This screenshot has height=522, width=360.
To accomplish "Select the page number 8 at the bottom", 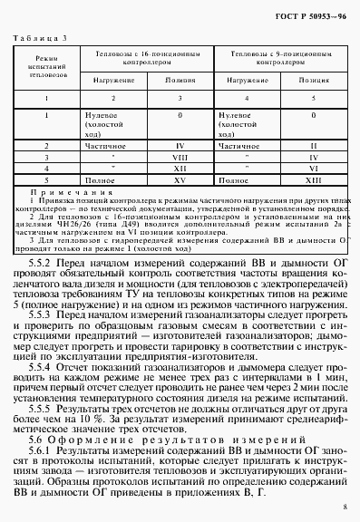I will (345, 508).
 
